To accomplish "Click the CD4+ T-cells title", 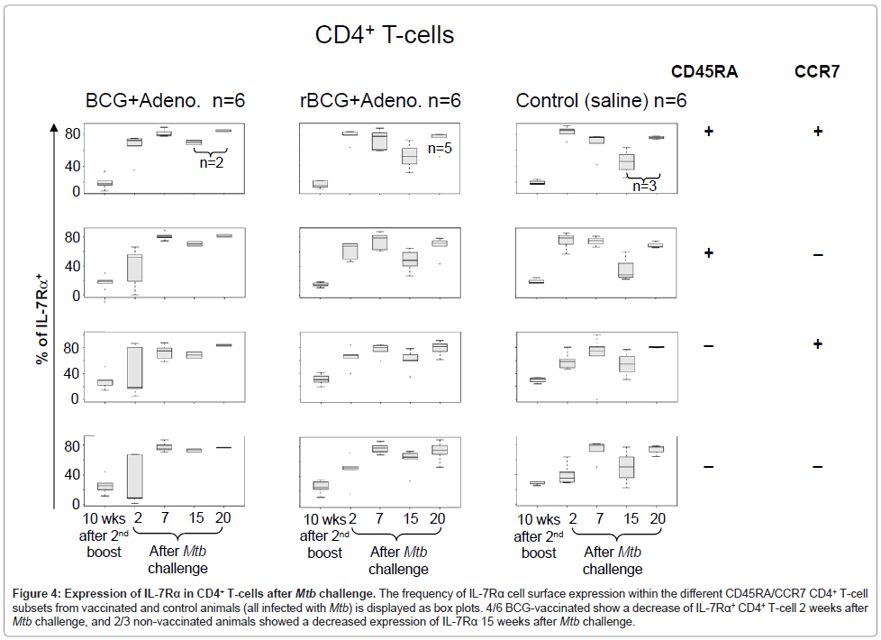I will tap(384, 35).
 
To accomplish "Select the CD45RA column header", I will tap(704, 72).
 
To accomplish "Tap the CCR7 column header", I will tap(817, 72).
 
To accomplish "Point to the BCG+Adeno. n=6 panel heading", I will tap(165, 100).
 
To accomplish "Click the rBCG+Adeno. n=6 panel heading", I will tap(380, 100).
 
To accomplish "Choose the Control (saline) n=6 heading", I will tap(601, 100).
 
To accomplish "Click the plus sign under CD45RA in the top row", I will tap(709, 132).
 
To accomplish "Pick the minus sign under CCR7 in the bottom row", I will tap(817, 466).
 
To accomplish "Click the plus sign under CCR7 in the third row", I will tap(817, 344).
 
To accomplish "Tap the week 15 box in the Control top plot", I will tap(626, 161).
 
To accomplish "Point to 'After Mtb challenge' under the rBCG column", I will tap(398, 560).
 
